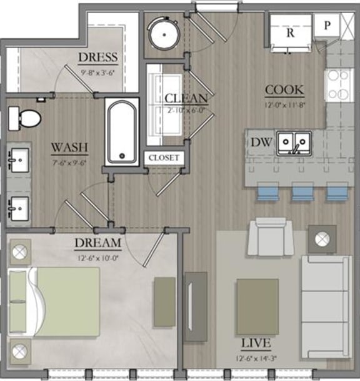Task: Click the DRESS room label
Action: [x=98, y=58]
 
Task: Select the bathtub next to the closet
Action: [x=121, y=131]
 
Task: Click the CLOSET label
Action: [x=164, y=158]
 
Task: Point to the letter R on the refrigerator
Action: [x=290, y=33]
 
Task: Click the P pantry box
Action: [x=327, y=26]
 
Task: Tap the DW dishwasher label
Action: [x=261, y=143]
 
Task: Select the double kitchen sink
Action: [x=294, y=143]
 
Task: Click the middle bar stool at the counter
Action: [x=303, y=191]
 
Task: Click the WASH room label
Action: [x=69, y=148]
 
